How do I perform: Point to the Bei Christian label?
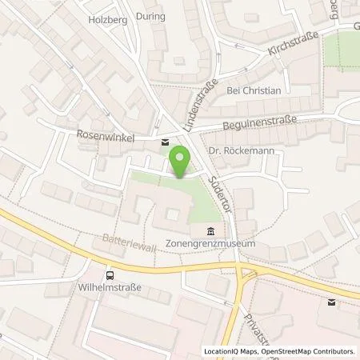pos(254,91)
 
